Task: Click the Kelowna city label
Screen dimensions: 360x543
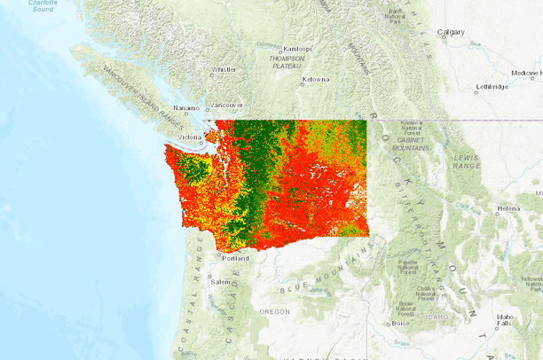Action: click(315, 79)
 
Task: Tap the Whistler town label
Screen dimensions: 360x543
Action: click(224, 68)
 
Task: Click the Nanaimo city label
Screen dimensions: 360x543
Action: click(186, 107)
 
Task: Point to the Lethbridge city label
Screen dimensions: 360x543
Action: click(492, 86)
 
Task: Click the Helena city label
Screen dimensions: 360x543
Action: click(508, 208)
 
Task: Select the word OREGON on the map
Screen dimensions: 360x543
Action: click(274, 311)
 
